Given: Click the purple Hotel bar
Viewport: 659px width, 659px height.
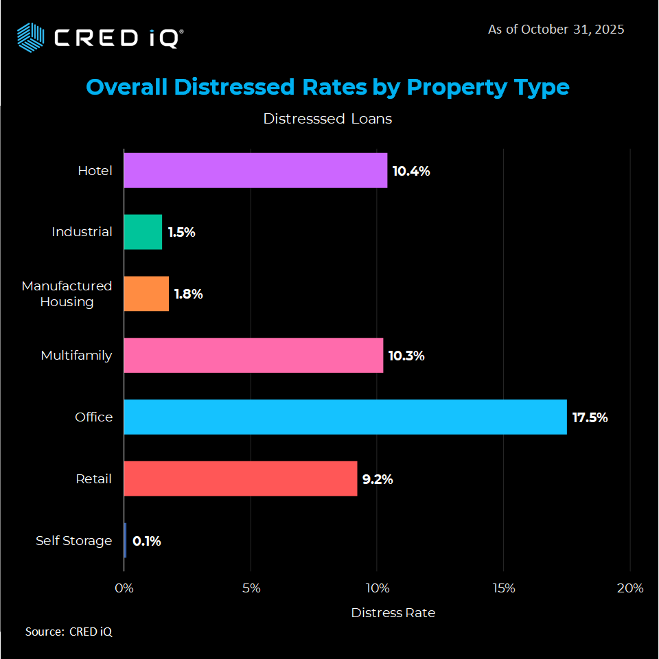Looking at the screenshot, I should point(255,170).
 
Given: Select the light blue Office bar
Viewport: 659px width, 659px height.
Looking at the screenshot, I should point(345,417).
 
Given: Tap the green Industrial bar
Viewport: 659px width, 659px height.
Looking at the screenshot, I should point(143,232).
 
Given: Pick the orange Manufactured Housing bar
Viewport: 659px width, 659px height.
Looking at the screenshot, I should point(146,294).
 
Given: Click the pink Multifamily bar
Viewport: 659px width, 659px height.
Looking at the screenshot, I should point(253,356).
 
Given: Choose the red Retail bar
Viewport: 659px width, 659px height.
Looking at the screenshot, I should point(240,478).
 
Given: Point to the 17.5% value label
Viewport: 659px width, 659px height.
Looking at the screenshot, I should point(590,417).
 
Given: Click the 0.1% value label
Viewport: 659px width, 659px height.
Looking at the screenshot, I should point(146,541).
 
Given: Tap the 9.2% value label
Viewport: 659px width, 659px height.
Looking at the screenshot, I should point(378,479).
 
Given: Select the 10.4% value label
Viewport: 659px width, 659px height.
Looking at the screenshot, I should point(411,171).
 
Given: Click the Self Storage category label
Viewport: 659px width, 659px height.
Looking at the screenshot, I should point(73,541).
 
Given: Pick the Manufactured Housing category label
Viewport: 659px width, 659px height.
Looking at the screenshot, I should point(67,293).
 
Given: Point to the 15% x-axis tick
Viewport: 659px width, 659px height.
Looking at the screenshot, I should point(503,588).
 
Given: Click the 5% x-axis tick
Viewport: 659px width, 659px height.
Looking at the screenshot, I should point(251,588).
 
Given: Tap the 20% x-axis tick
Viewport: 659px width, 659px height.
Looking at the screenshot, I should point(629,588).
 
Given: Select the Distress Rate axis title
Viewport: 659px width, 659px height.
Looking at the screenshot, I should point(393,612).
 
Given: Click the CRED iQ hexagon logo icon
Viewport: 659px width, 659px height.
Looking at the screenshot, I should point(30,36).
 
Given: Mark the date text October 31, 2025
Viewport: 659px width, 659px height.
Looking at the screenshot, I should point(573,30).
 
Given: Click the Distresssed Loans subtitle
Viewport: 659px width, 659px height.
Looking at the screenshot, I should point(327,119).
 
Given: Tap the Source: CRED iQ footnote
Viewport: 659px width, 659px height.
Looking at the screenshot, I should point(69,632).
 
